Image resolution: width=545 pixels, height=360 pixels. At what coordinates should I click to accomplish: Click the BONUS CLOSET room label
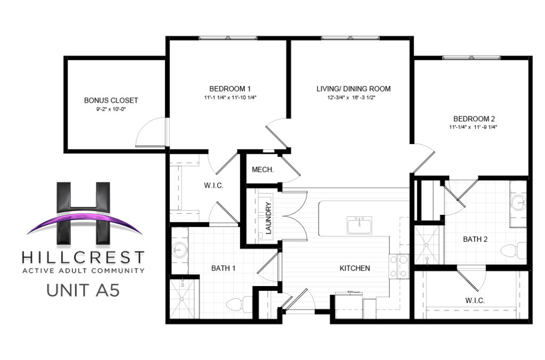tap(111, 100)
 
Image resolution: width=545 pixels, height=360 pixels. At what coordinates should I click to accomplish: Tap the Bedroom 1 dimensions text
tap(230, 97)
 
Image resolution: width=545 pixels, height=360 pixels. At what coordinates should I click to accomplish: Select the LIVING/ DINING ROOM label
tap(353, 89)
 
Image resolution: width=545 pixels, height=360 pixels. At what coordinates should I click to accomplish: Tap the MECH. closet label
tap(263, 170)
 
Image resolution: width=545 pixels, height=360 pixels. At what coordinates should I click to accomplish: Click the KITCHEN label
tap(354, 268)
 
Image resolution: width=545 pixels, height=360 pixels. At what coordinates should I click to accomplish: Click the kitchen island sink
tap(359, 225)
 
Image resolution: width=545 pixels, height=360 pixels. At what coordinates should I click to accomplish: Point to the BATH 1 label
tap(224, 268)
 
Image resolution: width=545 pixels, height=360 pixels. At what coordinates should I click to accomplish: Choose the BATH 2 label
tap(475, 239)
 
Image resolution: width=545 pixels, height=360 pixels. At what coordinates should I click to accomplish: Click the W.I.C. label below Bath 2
tap(475, 300)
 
